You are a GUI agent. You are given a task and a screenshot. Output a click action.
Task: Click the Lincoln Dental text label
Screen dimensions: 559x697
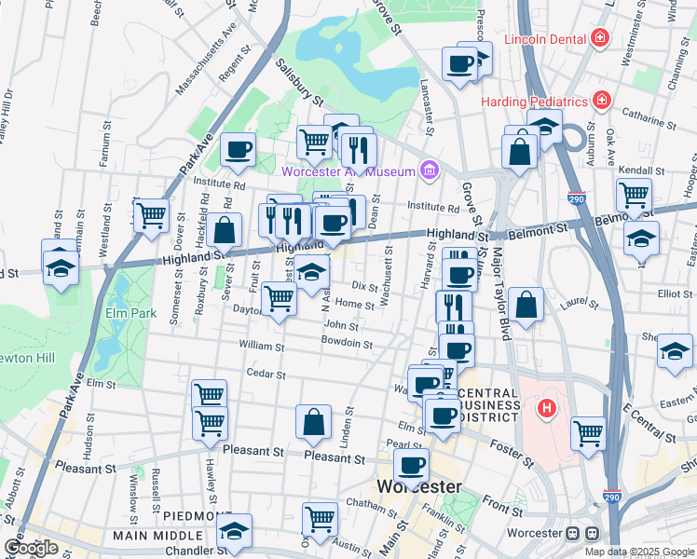(x=544, y=39)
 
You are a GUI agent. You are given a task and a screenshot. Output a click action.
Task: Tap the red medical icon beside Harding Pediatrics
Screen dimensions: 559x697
(x=603, y=100)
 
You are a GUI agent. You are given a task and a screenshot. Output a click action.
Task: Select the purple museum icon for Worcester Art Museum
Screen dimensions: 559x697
(x=429, y=170)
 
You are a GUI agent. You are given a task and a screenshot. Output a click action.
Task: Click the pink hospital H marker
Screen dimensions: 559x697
(x=548, y=407)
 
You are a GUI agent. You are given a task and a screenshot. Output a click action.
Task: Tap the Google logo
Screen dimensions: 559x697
(x=31, y=547)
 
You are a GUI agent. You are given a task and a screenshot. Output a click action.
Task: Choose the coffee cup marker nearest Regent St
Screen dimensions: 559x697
(x=239, y=148)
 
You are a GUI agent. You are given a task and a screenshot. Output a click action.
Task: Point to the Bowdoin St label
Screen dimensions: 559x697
(x=347, y=345)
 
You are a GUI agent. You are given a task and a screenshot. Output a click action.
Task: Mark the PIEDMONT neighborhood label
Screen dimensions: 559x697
(x=197, y=515)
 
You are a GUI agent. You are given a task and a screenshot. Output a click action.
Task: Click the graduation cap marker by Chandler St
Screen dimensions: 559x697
(x=235, y=530)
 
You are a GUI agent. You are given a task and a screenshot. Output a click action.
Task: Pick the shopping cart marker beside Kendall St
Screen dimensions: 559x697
(x=634, y=196)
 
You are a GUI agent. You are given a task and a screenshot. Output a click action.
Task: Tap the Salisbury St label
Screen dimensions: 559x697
(x=299, y=82)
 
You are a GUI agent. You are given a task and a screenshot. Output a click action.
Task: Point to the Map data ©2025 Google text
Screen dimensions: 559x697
(x=638, y=552)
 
